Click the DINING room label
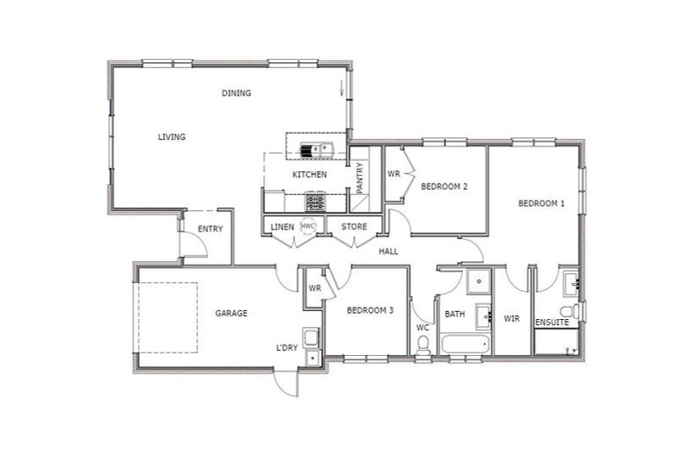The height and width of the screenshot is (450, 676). click(x=236, y=93)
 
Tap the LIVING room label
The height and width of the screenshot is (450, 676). click(x=171, y=137)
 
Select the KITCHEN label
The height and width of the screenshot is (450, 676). click(x=310, y=175)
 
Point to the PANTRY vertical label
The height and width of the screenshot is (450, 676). click(x=359, y=178)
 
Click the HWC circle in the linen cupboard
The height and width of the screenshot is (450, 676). click(x=307, y=226)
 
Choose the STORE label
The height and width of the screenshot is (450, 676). click(x=355, y=227)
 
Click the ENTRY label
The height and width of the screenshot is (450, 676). click(x=209, y=229)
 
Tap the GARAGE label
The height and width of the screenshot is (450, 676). click(x=231, y=313)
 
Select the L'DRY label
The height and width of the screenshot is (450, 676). click(x=286, y=347)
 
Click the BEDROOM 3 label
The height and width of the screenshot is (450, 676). click(x=370, y=310)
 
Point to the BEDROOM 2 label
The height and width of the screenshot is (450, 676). click(x=443, y=186)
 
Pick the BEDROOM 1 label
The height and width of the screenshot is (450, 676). click(x=540, y=204)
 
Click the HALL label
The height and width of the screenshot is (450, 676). click(x=388, y=251)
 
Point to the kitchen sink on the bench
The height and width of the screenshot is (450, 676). click(x=317, y=149)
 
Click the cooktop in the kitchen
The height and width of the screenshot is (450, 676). click(x=315, y=202)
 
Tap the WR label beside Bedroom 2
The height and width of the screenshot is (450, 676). click(x=393, y=174)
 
